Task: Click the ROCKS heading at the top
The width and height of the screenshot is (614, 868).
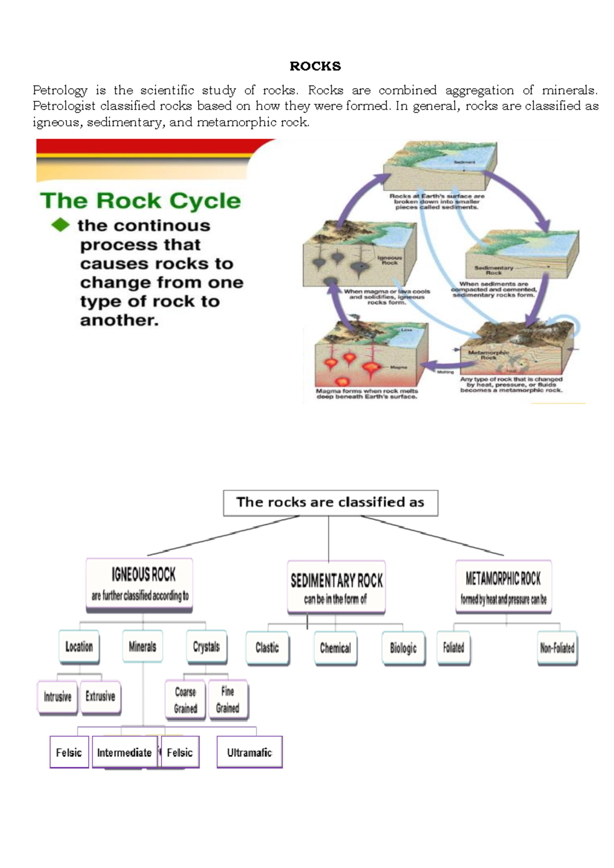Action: point(315,66)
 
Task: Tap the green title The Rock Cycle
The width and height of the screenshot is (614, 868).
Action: point(140,201)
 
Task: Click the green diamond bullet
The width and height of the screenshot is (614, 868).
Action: point(60,225)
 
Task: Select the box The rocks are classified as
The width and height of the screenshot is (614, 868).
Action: point(330,503)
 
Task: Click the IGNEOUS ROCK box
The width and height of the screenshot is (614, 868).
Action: point(140,584)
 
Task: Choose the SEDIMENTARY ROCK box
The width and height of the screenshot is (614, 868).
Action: point(336,588)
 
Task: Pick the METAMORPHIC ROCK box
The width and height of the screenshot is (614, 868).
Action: point(503,587)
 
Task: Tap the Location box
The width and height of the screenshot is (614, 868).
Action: point(79,647)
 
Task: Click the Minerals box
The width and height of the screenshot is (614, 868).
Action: point(142,647)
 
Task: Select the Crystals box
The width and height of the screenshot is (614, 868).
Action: point(206,647)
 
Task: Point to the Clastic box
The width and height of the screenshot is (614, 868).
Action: point(267,648)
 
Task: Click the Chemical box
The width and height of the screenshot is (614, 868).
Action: point(335,648)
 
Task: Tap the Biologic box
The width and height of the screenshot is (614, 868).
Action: point(403,648)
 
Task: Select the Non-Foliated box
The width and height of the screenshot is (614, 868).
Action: point(557,648)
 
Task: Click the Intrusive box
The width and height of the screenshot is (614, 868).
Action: point(57,697)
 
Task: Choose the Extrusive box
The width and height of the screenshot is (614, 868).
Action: point(100,697)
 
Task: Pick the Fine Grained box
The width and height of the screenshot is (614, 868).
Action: point(228,700)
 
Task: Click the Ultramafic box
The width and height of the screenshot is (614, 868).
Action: point(249,752)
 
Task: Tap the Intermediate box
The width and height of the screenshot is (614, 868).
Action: point(124,752)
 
